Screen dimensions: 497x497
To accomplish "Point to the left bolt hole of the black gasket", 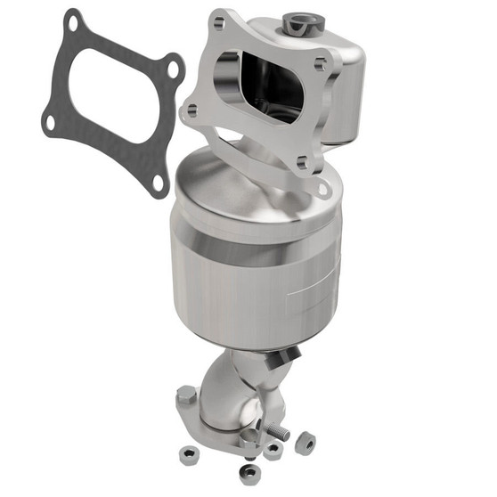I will tap(46, 124).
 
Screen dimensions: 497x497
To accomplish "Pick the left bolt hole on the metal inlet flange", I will tap(189, 111).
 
